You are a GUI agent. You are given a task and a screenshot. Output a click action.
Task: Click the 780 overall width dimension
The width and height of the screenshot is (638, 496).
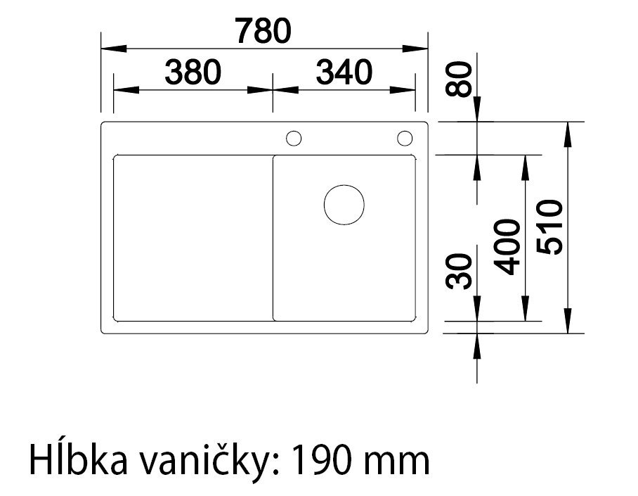tap(263, 31)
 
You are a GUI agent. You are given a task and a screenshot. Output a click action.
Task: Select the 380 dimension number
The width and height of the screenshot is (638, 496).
tap(193, 72)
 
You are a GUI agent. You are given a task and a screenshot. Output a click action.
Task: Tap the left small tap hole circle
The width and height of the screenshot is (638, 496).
tap(294, 138)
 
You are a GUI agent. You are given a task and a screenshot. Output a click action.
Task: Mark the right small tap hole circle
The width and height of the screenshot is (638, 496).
tap(405, 138)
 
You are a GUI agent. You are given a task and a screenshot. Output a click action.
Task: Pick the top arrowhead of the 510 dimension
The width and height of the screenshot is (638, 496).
tap(568, 131)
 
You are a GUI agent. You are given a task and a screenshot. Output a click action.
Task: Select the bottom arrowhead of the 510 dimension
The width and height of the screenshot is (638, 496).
tap(568, 323)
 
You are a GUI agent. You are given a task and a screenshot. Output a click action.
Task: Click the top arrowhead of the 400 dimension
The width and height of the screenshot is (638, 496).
tap(524, 164)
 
